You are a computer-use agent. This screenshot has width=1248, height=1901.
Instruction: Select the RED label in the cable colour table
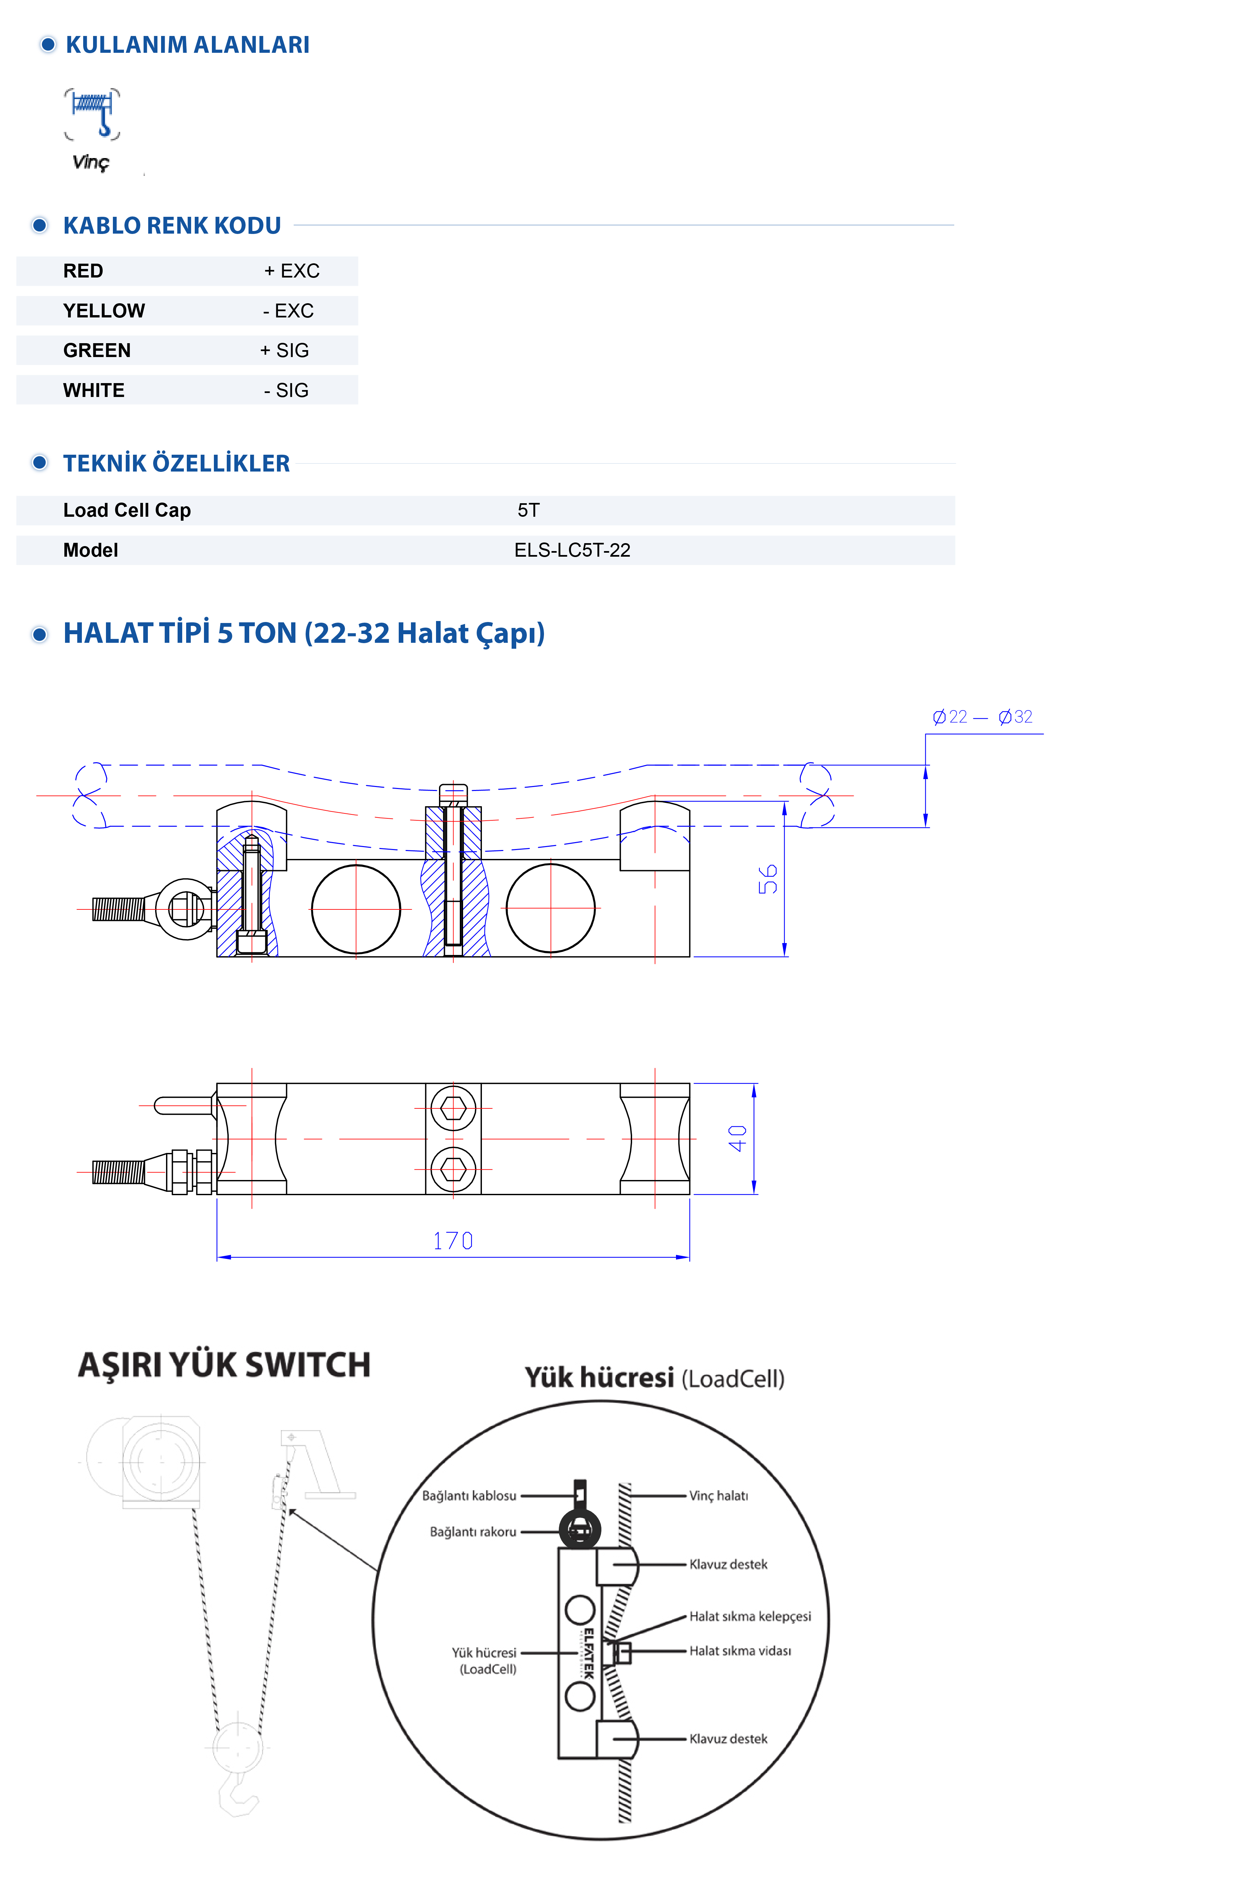[83, 271]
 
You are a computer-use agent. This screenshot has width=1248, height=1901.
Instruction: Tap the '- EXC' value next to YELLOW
[288, 311]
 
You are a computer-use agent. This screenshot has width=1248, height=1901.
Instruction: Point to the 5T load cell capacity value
[528, 510]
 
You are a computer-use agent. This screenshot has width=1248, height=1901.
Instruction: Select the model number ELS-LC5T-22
[572, 550]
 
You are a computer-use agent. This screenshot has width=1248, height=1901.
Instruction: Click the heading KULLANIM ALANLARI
[187, 45]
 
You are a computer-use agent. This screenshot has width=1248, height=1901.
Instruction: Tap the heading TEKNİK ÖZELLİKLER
[176, 463]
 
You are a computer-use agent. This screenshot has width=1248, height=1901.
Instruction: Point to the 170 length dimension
[453, 1240]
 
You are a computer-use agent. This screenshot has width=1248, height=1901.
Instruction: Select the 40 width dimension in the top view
[737, 1138]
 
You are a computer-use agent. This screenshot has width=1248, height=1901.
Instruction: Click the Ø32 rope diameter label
[1016, 716]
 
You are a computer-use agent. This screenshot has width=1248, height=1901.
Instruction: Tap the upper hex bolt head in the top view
[453, 1108]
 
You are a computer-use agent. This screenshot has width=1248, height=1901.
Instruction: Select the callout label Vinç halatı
[718, 1495]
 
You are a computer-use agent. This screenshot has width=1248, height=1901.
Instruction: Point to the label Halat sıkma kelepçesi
[750, 1616]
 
